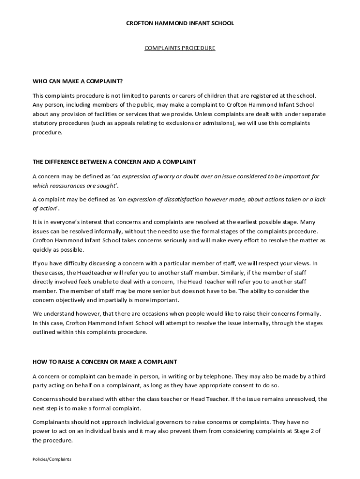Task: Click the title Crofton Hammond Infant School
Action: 180,23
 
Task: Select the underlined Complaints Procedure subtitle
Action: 180,48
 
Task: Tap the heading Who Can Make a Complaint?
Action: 78,81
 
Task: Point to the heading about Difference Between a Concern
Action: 114,162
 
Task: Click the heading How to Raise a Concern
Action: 105,362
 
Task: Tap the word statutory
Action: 46,123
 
